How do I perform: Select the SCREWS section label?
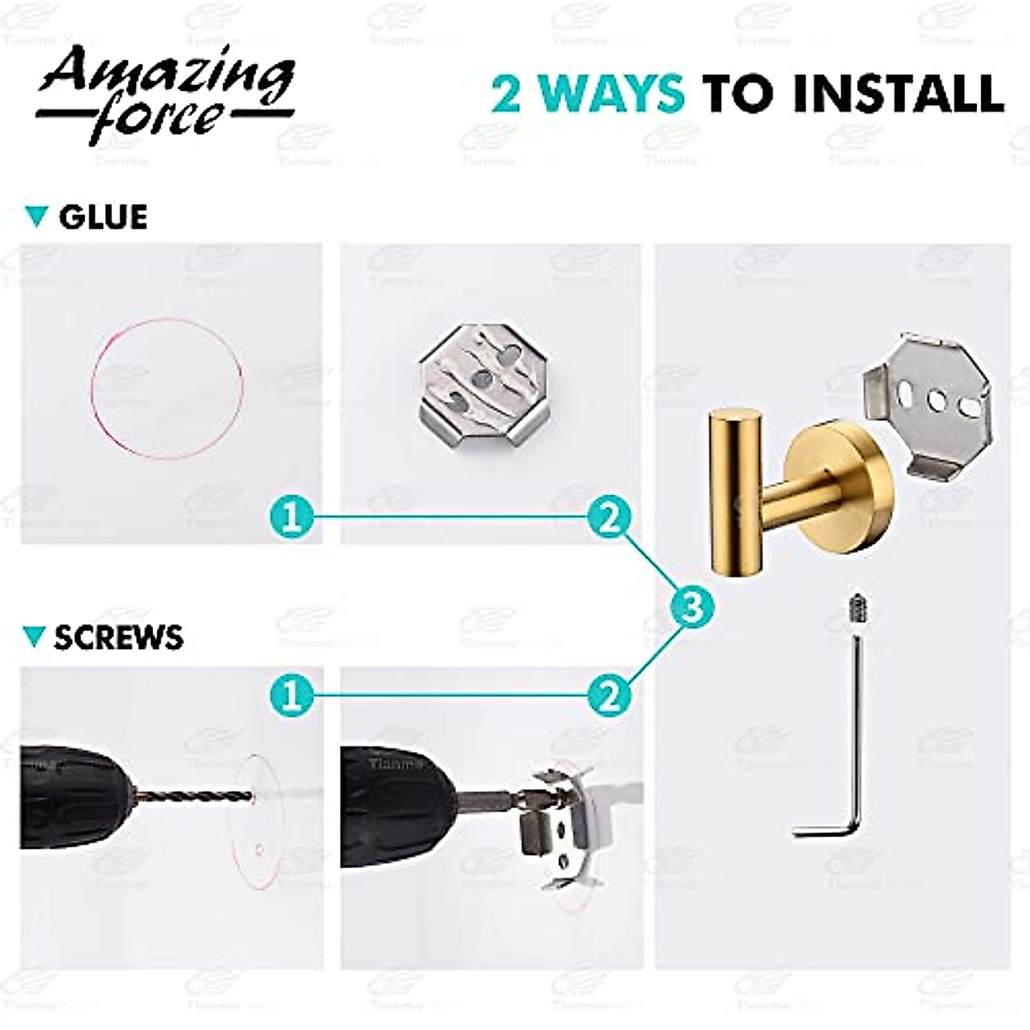pos(118,637)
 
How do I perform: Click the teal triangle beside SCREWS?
pos(34,637)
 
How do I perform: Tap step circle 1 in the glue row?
pos(292,518)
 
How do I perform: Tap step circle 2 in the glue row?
pos(609,518)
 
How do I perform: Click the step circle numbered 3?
pos(691,608)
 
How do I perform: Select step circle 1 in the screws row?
pos(292,694)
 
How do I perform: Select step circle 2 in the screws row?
pos(609,694)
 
